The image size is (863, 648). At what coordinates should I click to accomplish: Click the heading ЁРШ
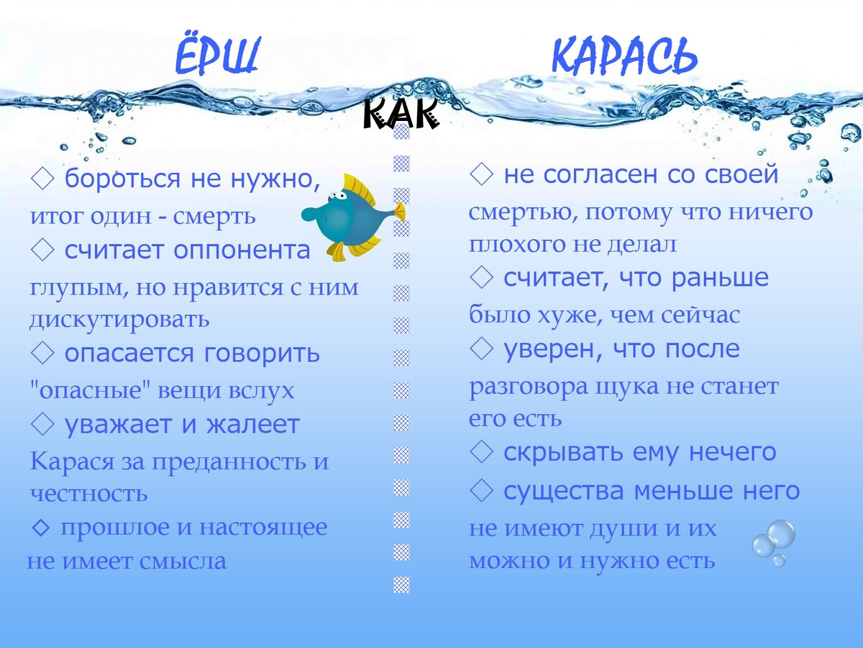point(216,57)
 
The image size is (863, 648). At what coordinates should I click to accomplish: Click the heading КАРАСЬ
point(624,57)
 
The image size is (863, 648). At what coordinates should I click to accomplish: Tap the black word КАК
point(401,114)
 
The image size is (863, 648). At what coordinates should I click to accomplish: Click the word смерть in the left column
point(224,215)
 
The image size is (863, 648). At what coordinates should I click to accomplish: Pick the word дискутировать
point(119,318)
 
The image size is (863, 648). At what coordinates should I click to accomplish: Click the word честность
point(88,494)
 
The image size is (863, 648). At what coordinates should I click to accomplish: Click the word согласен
point(601,174)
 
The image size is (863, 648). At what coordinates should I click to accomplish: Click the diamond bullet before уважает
point(43,425)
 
